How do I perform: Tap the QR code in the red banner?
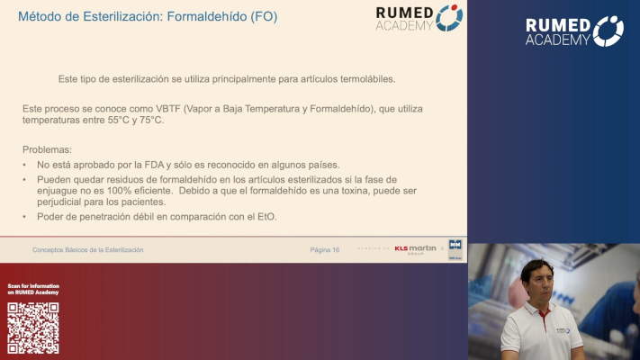pyautogui.click(x=33, y=328)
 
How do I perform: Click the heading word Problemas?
pyautogui.click(x=46, y=148)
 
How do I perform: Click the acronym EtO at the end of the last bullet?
pyautogui.click(x=266, y=217)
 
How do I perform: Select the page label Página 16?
pyautogui.click(x=324, y=249)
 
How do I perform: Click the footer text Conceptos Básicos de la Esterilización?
pyautogui.click(x=87, y=249)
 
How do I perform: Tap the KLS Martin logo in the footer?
pyautogui.click(x=415, y=248)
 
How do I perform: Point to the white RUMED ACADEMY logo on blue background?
pyautogui.click(x=574, y=31)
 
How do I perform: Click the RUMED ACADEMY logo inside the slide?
pyautogui.click(x=419, y=18)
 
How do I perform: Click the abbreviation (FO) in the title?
pyautogui.click(x=262, y=16)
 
